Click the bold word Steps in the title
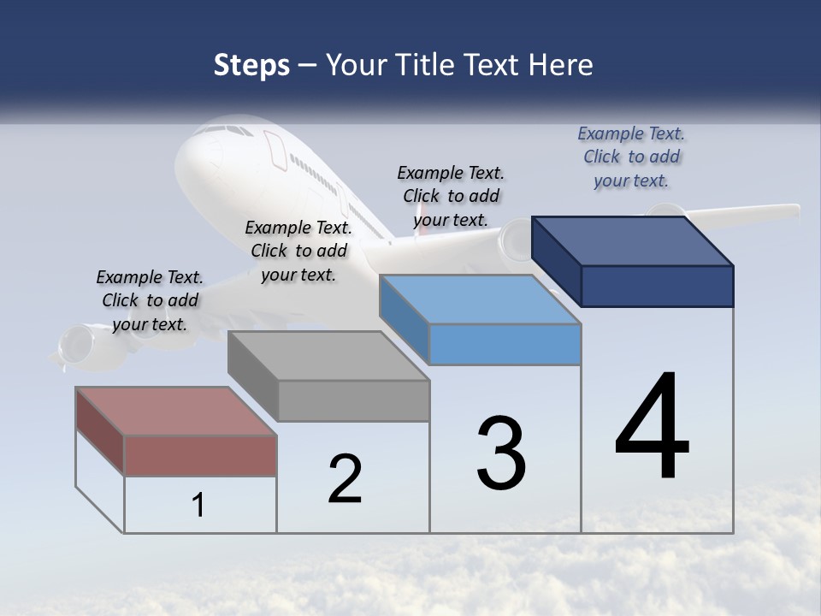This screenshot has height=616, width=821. point(251,65)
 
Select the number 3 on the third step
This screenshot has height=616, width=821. point(501,453)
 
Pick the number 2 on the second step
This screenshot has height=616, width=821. point(345,479)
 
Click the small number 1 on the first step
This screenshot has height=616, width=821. point(198,506)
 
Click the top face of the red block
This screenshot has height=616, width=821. point(176,411)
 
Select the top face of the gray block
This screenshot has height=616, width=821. point(328,355)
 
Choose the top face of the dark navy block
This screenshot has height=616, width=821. point(633,240)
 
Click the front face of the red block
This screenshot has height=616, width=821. point(200,455)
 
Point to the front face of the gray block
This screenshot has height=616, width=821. point(353,400)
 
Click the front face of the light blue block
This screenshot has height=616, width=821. point(505,345)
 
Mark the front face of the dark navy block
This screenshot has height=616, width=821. point(657,286)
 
